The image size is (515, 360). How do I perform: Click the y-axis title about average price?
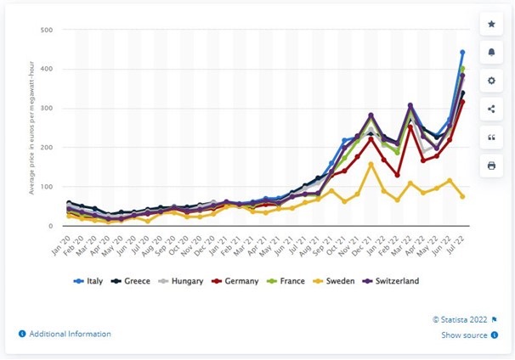[31, 127]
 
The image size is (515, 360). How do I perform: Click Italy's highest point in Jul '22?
[462, 53]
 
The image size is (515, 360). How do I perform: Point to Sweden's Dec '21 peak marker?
[371, 164]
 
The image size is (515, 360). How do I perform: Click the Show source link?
[463, 335]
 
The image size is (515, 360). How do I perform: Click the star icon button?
[492, 24]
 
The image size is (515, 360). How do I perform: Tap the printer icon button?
[492, 166]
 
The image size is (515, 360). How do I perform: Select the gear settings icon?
[492, 81]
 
